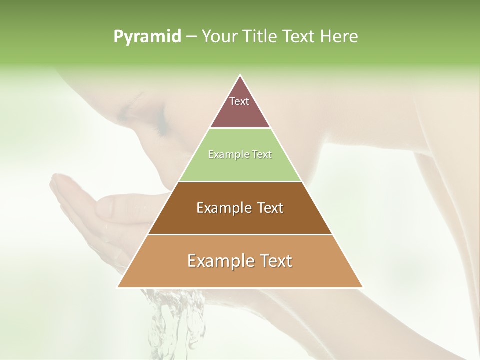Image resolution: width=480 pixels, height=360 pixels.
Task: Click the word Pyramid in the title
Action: click(147, 37)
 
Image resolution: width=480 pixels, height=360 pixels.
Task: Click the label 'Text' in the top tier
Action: click(239, 101)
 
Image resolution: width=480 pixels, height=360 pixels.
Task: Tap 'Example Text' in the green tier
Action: click(240, 155)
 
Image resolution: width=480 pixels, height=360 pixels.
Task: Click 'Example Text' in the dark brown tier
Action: click(240, 208)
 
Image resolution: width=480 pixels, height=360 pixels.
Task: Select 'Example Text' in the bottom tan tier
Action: click(240, 261)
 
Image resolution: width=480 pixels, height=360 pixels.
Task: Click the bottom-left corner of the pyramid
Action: click(118, 287)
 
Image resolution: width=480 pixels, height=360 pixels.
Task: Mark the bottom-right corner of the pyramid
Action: click(362, 287)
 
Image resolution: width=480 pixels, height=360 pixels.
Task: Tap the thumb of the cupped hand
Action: click(125, 206)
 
